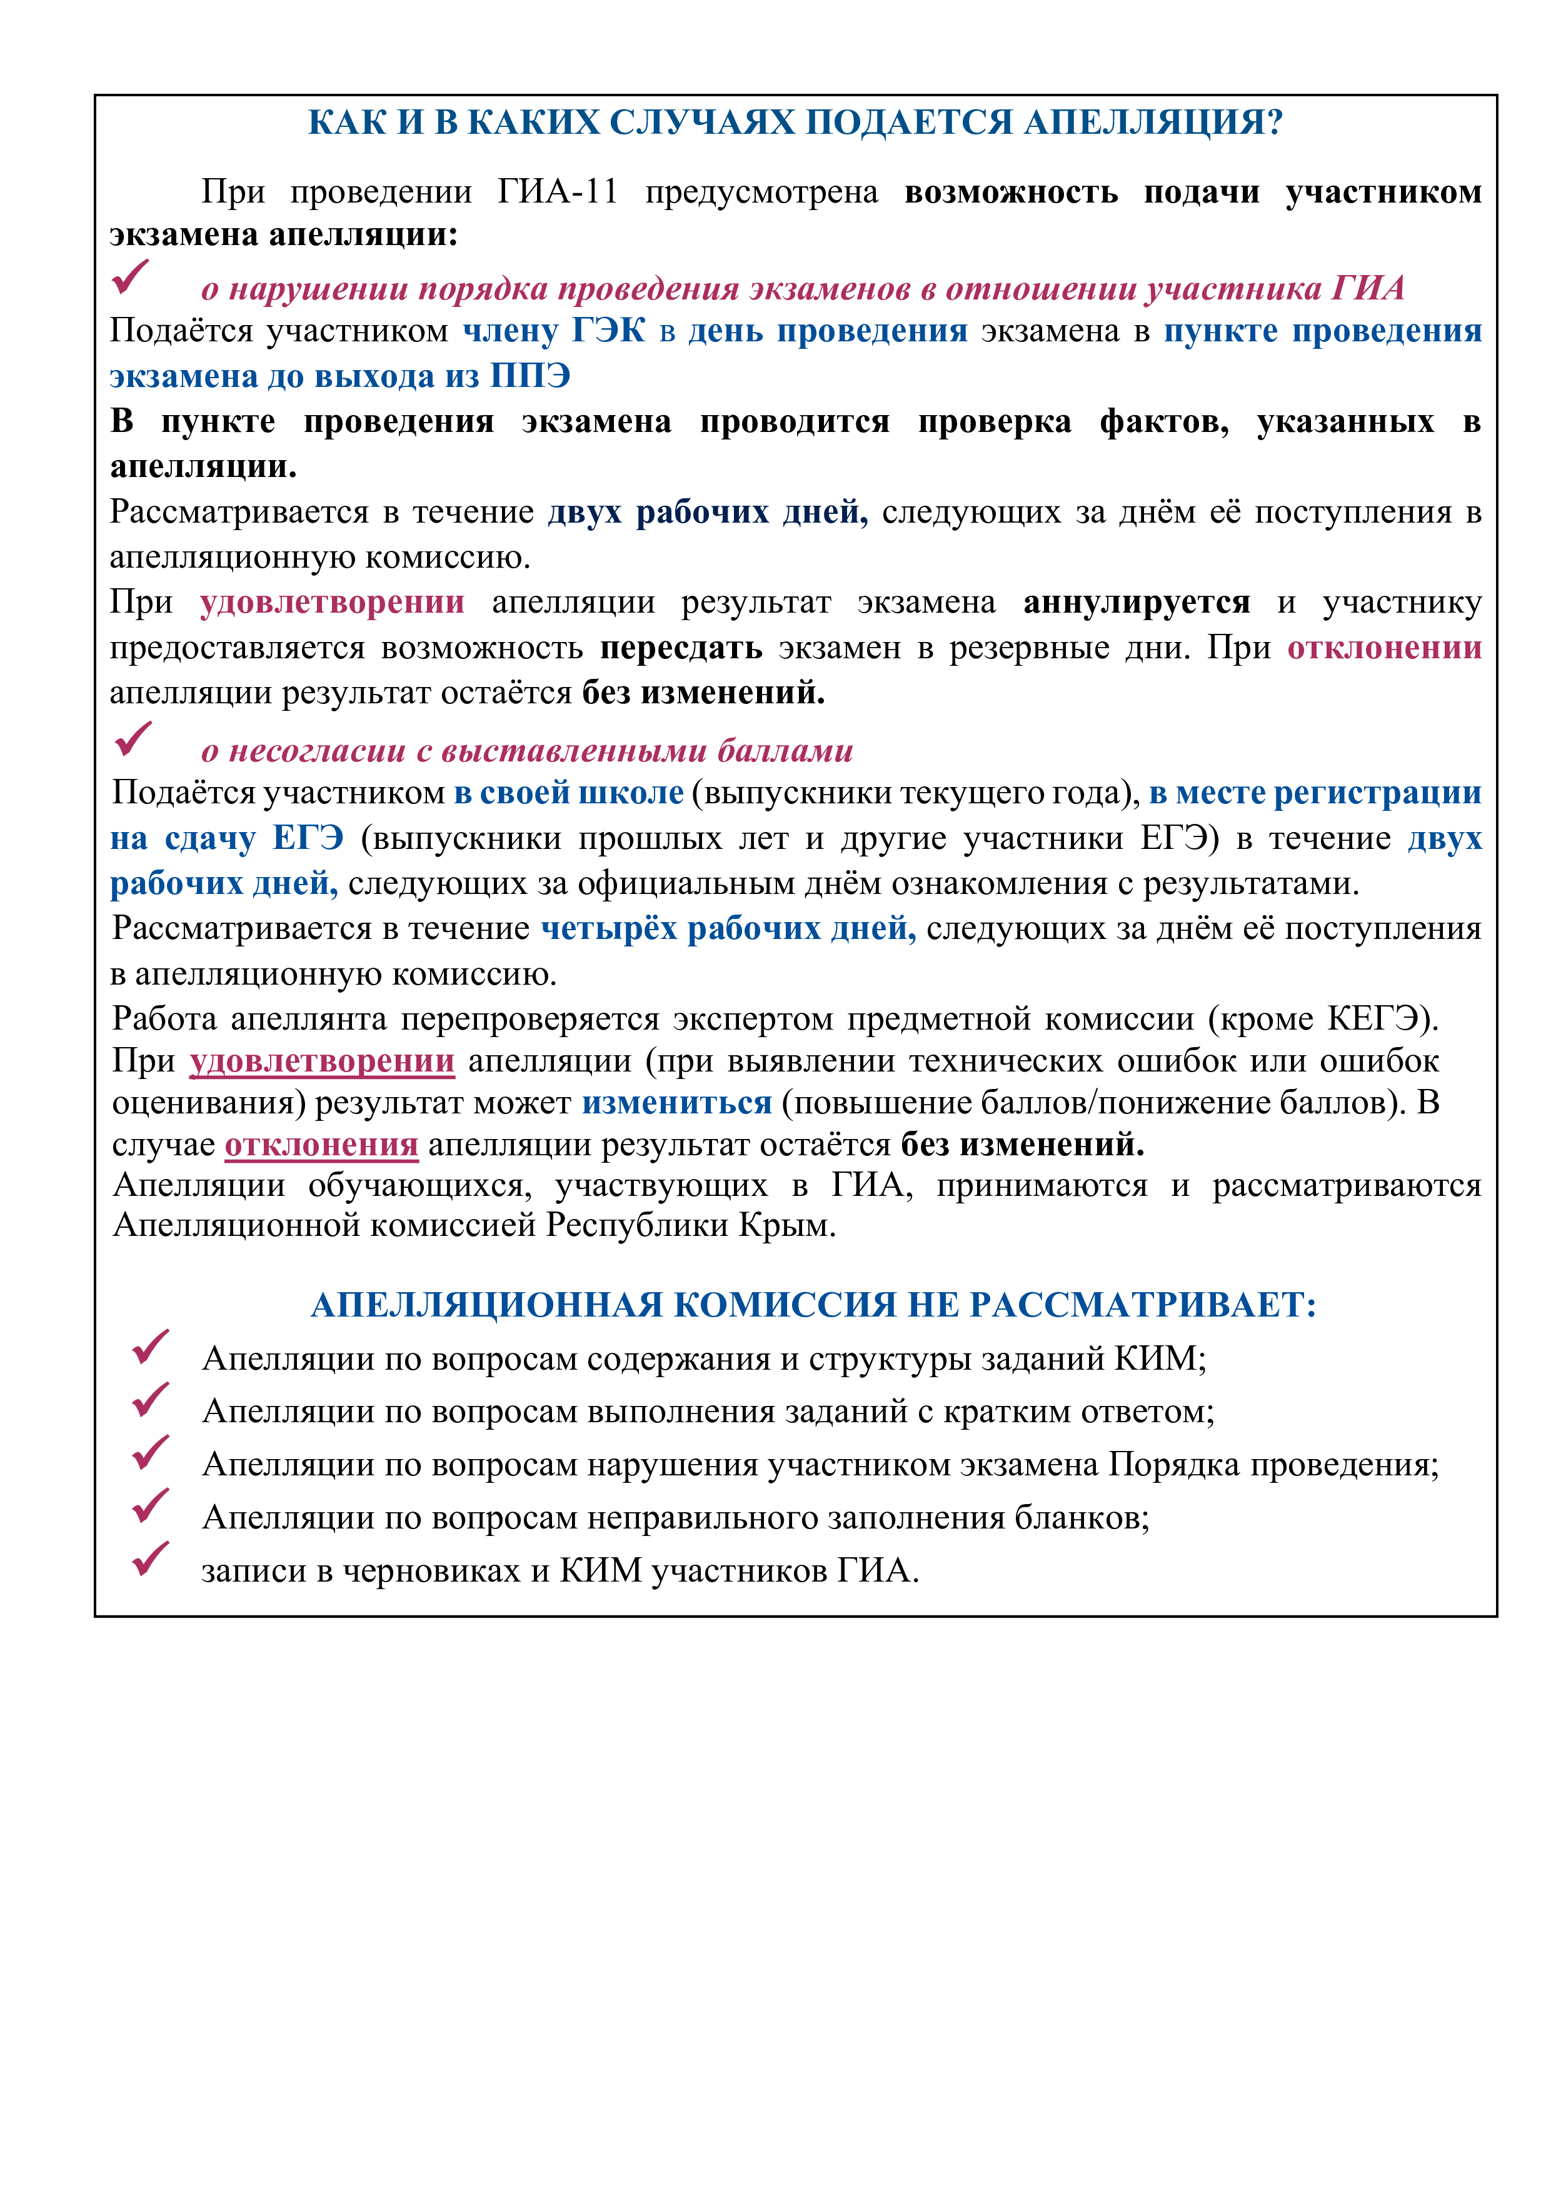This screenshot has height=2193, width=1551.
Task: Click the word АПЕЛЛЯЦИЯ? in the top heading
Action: point(1153,123)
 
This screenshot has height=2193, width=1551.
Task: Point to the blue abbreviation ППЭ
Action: point(530,376)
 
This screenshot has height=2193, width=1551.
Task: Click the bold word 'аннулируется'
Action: point(1137,603)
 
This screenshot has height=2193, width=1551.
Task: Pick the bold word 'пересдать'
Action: point(681,648)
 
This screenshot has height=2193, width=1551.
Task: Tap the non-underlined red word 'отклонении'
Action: point(1384,648)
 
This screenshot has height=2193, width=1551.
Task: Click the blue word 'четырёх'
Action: point(610,928)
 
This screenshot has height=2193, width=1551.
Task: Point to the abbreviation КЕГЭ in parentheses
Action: point(1372,1019)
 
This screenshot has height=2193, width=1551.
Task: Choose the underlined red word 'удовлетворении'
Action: point(322,1061)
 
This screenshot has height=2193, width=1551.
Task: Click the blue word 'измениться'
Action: point(677,1103)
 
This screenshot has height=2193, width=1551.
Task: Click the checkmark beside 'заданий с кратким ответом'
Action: point(150,1400)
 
